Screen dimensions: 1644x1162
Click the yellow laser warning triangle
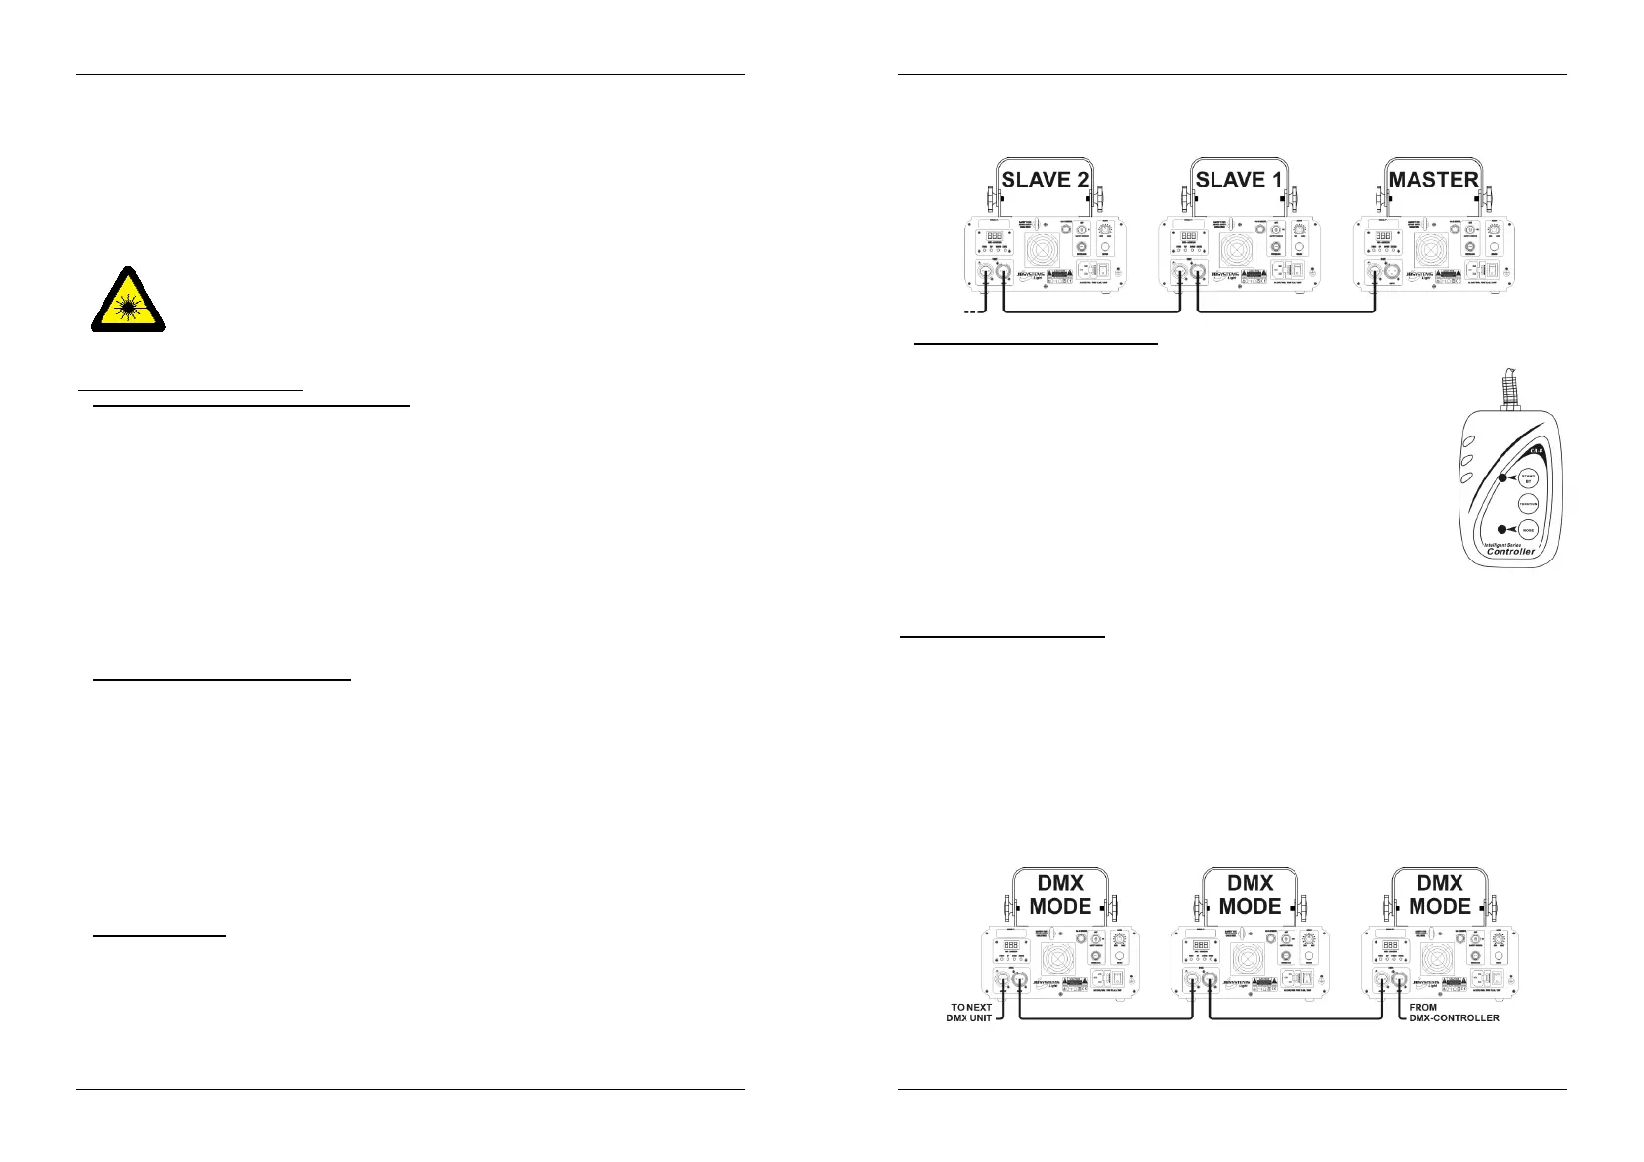[x=128, y=301]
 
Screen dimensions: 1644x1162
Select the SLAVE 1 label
[x=1239, y=180]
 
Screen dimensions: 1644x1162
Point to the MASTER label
[x=1433, y=180]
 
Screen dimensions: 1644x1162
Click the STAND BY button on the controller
[x=1528, y=477]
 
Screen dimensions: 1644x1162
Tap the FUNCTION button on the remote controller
[x=1528, y=504]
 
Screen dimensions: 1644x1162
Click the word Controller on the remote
[x=1510, y=551]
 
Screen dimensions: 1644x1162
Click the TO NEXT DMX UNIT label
[x=970, y=1013]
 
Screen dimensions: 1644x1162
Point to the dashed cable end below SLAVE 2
[x=969, y=312]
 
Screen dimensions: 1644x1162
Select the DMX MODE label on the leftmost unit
[x=1060, y=894]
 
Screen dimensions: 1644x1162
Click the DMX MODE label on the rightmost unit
[x=1440, y=894]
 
